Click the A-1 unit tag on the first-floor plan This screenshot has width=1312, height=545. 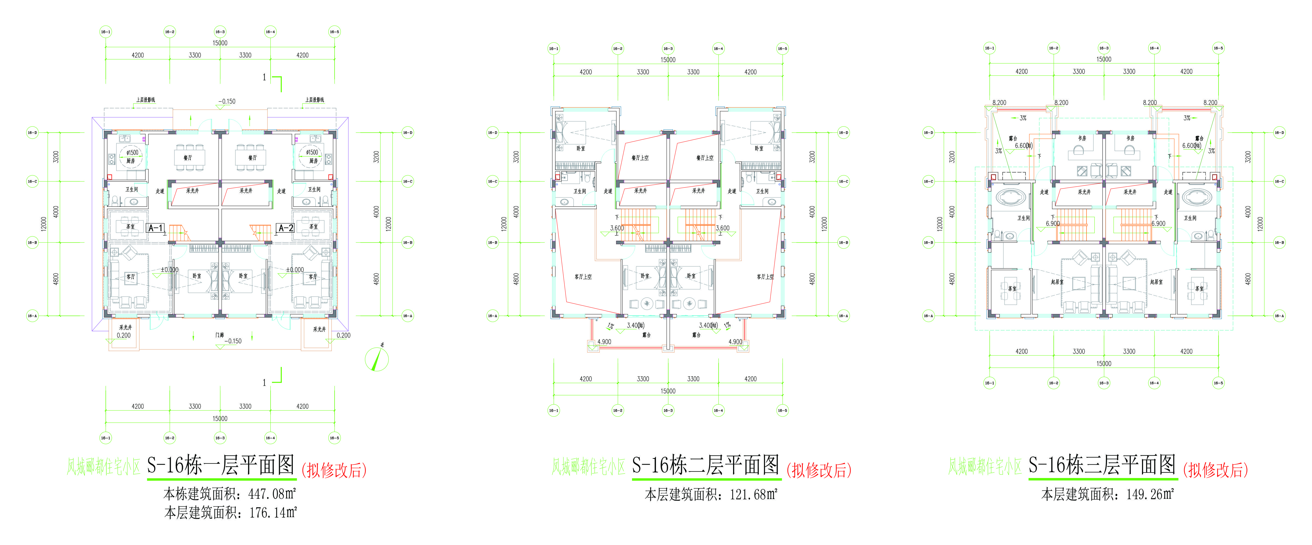pos(155,228)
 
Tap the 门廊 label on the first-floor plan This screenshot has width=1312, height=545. pos(219,335)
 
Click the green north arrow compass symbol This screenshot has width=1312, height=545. pos(377,359)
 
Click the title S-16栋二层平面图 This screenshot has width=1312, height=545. pos(706,465)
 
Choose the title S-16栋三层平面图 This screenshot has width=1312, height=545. pos(1102,465)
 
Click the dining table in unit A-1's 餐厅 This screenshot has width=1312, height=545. pos(190,158)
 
